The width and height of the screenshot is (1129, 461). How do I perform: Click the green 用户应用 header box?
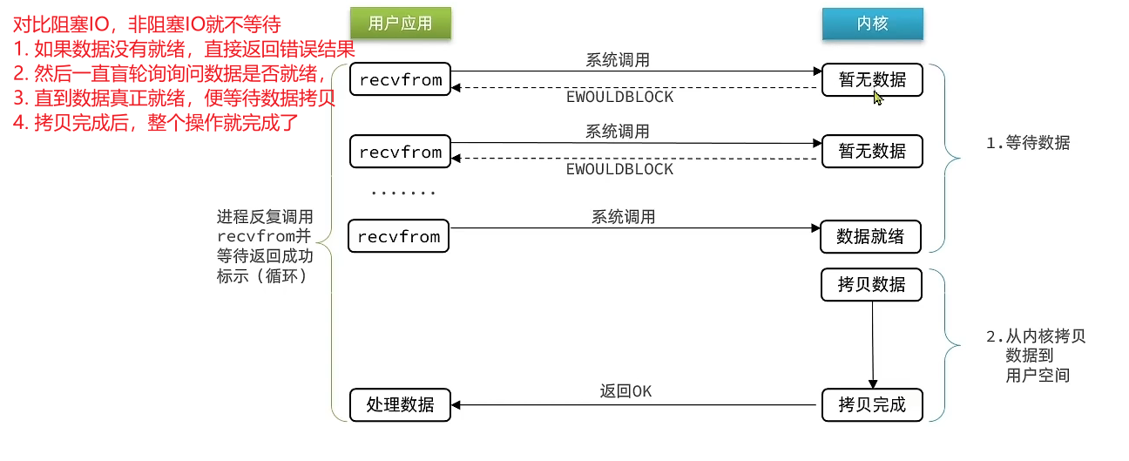click(400, 24)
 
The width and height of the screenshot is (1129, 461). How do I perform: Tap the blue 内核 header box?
click(872, 24)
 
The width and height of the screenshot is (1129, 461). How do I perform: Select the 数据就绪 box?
click(870, 236)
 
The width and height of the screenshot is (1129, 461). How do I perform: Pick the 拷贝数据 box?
click(870, 285)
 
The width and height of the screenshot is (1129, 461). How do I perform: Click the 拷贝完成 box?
click(870, 404)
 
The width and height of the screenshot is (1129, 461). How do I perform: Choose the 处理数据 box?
click(400, 404)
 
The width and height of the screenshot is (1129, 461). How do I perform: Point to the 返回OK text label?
click(625, 391)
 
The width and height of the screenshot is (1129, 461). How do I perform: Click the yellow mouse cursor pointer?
click(878, 98)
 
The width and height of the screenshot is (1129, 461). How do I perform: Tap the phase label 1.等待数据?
click(1027, 144)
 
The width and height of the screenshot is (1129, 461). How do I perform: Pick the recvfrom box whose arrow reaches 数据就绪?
click(399, 236)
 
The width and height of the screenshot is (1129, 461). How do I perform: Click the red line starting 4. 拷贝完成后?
click(155, 121)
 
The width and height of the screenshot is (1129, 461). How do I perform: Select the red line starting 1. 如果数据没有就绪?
click(184, 48)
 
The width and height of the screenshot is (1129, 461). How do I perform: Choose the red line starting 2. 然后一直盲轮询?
click(171, 72)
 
